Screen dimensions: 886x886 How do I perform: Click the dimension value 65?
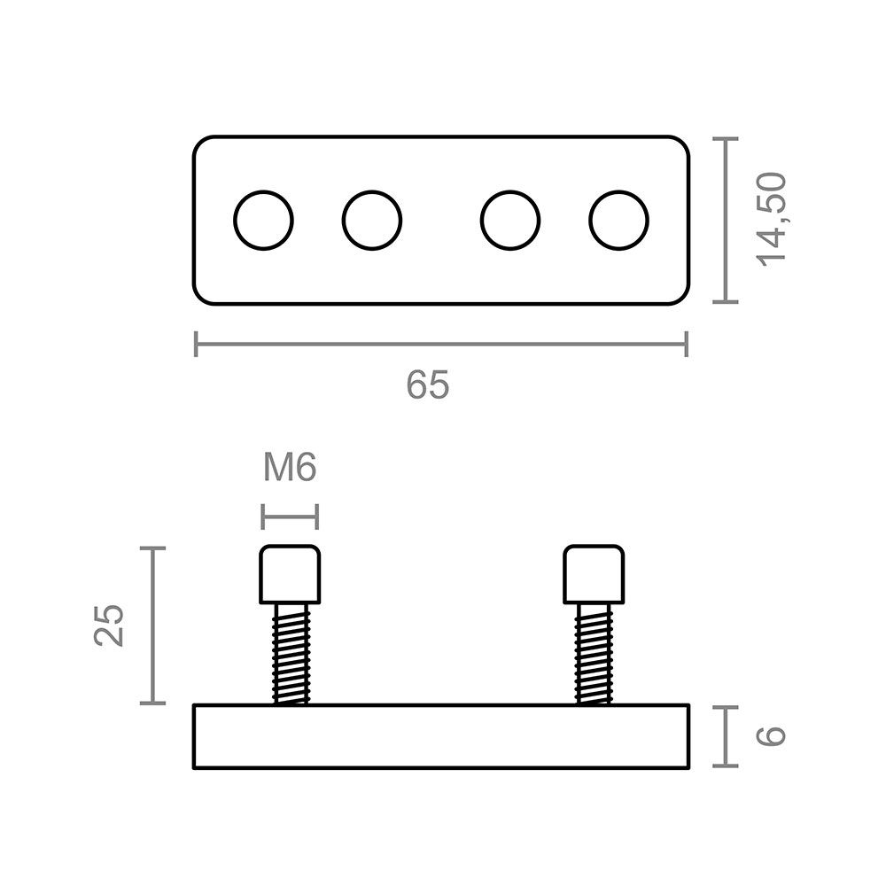tap(428, 385)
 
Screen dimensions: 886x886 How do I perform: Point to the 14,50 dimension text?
tap(772, 220)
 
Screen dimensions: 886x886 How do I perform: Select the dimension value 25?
tap(108, 625)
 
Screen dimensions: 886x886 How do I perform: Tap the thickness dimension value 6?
tap(772, 736)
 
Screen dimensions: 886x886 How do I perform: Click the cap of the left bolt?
tap(290, 575)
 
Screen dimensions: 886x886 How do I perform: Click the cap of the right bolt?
tap(594, 575)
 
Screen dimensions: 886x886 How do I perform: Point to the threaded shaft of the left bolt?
tap(291, 654)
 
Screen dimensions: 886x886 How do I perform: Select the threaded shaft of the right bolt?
tap(594, 654)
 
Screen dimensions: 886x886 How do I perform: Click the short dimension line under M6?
tap(290, 517)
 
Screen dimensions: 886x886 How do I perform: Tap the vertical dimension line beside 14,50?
tap(726, 220)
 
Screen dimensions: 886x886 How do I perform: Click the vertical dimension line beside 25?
tap(152, 626)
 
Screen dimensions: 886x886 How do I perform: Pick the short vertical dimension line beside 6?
tap(726, 736)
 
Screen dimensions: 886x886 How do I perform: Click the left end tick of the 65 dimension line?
tap(196, 344)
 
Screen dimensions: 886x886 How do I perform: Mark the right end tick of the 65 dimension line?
tap(687, 344)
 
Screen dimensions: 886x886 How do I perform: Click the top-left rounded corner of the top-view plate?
tap(198, 142)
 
